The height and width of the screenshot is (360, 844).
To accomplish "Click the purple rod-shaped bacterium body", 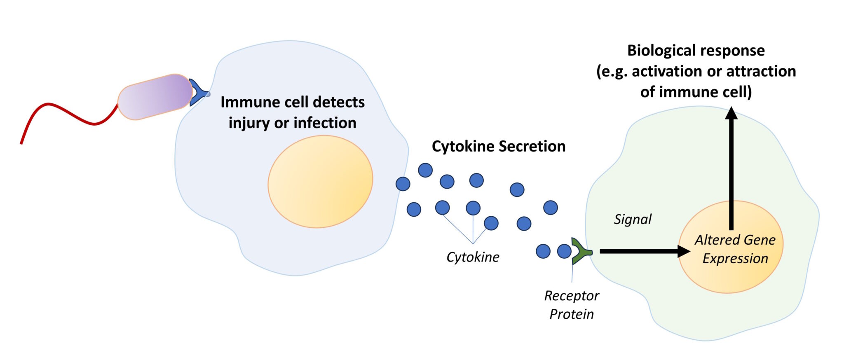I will pyautogui.click(x=155, y=97).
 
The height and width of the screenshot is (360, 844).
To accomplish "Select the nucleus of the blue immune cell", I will pyautogui.click(x=320, y=182).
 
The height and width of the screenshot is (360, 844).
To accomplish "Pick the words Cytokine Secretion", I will pyautogui.click(x=498, y=146).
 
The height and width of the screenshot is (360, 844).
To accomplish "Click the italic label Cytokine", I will pyautogui.click(x=473, y=257).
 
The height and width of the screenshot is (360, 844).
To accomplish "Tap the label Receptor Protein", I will pyautogui.click(x=572, y=305).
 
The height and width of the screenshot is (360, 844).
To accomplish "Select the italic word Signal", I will pyautogui.click(x=633, y=219).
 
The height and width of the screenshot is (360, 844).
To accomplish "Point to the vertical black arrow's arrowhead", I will pyautogui.click(x=731, y=113).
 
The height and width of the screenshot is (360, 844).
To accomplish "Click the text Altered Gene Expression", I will pyautogui.click(x=735, y=249).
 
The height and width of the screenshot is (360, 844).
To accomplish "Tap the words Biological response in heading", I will pyautogui.click(x=696, y=51).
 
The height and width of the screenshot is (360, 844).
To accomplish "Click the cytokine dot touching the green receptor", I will pyautogui.click(x=564, y=251).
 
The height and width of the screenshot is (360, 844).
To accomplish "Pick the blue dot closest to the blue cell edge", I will pyautogui.click(x=403, y=184).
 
